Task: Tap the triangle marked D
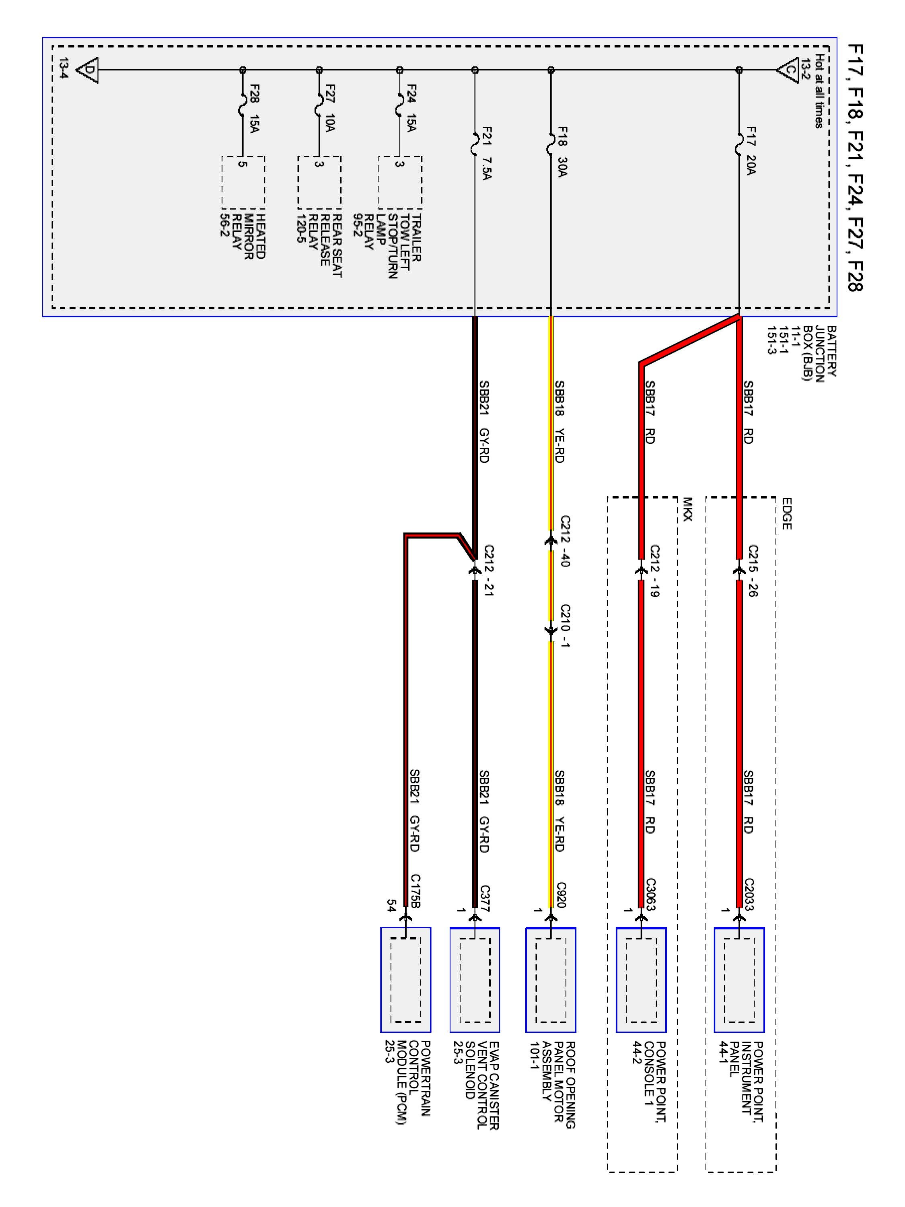[x=87, y=70]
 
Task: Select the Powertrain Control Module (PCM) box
[x=405, y=979]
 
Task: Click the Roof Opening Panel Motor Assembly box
[x=550, y=979]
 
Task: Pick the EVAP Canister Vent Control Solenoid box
[x=475, y=979]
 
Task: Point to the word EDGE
[x=786, y=513]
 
